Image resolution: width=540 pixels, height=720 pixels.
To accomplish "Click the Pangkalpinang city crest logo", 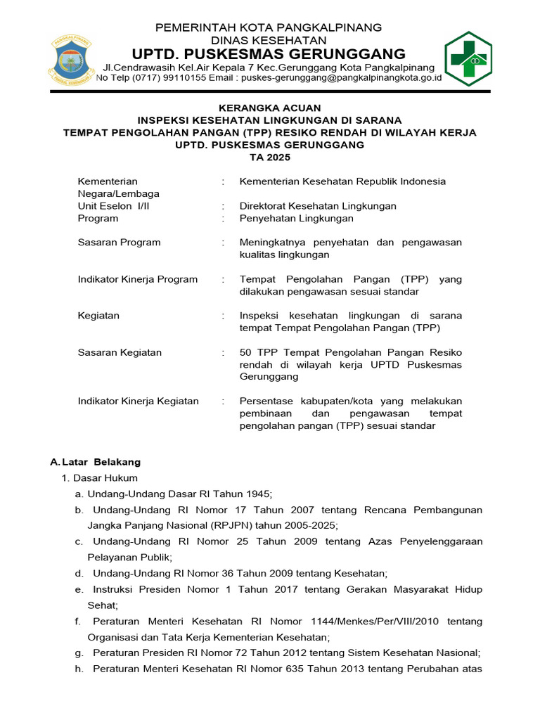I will pyautogui.click(x=70, y=58).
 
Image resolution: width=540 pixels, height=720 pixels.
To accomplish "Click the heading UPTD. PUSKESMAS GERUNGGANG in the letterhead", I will pyautogui.click(x=269, y=54).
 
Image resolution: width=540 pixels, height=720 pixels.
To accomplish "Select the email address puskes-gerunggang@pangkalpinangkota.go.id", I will pyautogui.click(x=341, y=78).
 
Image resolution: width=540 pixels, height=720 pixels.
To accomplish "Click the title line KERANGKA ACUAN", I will pyautogui.click(x=269, y=108).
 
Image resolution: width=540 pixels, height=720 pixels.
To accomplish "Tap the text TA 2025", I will pyautogui.click(x=269, y=157).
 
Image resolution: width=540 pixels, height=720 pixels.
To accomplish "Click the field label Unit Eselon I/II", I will pyautogui.click(x=113, y=206).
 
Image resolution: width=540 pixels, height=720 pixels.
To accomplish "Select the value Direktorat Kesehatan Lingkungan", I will pyautogui.click(x=318, y=206).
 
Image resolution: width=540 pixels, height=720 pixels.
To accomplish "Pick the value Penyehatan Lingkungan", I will pyautogui.click(x=296, y=219).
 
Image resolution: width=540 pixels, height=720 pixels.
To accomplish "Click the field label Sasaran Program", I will pyautogui.click(x=119, y=243).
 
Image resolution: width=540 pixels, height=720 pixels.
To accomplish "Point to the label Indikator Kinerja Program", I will pyautogui.click(x=137, y=279).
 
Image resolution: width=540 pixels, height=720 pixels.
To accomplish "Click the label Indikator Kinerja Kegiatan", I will pyautogui.click(x=138, y=401).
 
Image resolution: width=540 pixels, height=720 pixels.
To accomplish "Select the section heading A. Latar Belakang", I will pyautogui.click(x=96, y=462).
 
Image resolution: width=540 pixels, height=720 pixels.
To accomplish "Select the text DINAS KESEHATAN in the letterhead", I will pyautogui.click(x=269, y=40).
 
